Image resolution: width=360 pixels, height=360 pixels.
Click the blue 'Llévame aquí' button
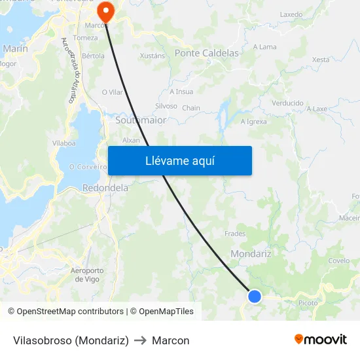click(x=179, y=160)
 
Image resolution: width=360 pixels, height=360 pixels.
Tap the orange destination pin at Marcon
click(x=105, y=11)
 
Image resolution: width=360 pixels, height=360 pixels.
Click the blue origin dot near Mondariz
click(x=255, y=297)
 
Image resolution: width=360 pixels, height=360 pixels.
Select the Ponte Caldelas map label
click(x=206, y=53)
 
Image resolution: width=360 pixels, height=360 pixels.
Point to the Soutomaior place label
click(x=141, y=120)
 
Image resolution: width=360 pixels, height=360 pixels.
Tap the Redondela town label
click(x=105, y=188)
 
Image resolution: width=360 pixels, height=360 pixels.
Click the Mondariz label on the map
click(x=251, y=253)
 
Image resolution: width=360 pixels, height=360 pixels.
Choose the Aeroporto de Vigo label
click(x=86, y=274)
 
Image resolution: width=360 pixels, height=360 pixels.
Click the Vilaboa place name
click(x=64, y=142)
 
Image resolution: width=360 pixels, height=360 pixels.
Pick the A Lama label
click(x=264, y=47)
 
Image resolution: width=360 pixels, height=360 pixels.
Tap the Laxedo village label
click(x=291, y=14)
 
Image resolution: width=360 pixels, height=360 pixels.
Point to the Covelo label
click(x=339, y=261)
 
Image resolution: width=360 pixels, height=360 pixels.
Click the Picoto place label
click(x=308, y=303)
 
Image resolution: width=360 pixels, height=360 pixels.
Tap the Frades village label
click(x=235, y=234)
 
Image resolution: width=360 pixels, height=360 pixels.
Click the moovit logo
click(x=320, y=340)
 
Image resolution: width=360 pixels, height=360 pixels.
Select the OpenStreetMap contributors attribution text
click(x=70, y=312)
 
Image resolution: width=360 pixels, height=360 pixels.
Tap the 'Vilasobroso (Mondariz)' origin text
click(x=71, y=340)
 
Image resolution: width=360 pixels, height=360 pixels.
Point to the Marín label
click(x=15, y=48)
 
